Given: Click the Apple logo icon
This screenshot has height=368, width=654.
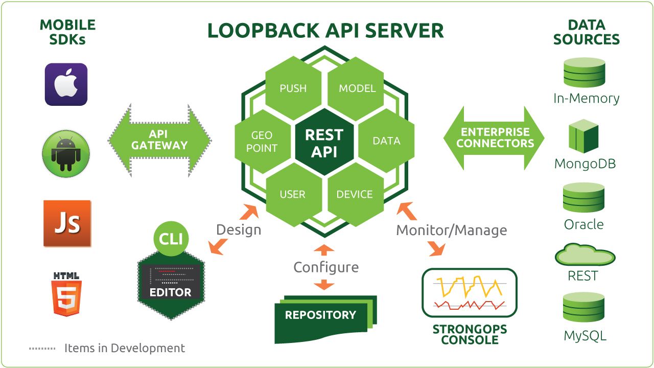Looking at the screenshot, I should (x=66, y=84).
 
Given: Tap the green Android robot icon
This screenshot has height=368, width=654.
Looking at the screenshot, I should (x=66, y=153).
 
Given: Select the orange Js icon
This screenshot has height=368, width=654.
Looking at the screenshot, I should (x=67, y=223).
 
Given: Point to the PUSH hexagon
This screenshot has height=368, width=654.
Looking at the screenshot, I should (x=293, y=88).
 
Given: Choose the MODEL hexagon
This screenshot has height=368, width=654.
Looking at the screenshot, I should (x=357, y=88).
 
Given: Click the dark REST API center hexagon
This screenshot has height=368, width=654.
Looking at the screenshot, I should (x=324, y=143).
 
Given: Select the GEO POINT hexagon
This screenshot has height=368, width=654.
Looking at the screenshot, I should (x=262, y=142).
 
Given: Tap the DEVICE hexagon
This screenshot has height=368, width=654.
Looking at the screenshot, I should (x=355, y=194).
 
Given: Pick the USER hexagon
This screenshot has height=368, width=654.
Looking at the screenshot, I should (x=293, y=194).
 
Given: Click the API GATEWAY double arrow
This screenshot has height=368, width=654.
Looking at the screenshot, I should (x=159, y=138).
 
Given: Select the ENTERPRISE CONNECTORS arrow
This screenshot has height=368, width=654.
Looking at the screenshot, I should (x=494, y=137).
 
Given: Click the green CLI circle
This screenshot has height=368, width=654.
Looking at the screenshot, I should (x=171, y=239).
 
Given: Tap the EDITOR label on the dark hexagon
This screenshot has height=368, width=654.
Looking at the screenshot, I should (x=170, y=293).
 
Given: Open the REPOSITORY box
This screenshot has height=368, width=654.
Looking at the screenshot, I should (x=320, y=315).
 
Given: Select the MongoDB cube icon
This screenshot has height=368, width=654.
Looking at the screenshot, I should (x=583, y=136).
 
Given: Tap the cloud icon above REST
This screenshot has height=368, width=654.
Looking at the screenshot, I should (x=585, y=255).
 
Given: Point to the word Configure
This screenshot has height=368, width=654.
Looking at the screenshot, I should (x=326, y=267).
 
